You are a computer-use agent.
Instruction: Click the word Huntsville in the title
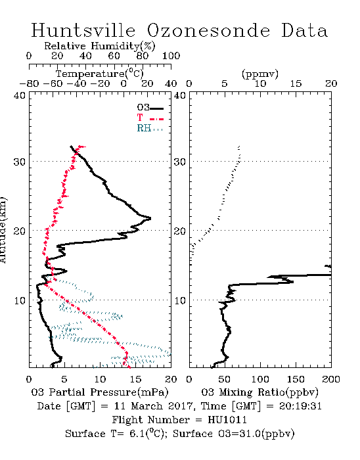tap(83, 30)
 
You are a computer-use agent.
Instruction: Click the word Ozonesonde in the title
tap(208, 30)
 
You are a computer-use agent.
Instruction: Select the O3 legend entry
tap(150, 108)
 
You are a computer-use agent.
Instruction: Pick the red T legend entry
tap(150, 118)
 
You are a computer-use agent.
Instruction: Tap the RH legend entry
tap(150, 128)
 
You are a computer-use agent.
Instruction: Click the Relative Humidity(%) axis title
tap(100, 46)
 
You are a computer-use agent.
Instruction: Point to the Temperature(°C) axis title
tap(100, 74)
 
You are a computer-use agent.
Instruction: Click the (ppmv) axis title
tap(260, 74)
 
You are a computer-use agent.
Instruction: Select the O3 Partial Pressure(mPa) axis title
tap(100, 392)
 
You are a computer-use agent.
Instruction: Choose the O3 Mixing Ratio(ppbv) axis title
tap(259, 392)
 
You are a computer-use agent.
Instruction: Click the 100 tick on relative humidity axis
tap(171, 56)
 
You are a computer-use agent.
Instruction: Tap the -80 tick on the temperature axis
tap(30, 83)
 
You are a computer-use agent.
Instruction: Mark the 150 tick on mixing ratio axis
tap(296, 379)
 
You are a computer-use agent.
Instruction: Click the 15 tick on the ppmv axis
tap(296, 83)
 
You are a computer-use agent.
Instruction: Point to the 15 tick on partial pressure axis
tap(135, 379)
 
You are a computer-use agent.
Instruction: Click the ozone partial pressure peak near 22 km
tap(150, 218)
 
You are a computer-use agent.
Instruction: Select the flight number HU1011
tap(227, 420)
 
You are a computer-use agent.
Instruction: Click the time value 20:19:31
tap(300, 406)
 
